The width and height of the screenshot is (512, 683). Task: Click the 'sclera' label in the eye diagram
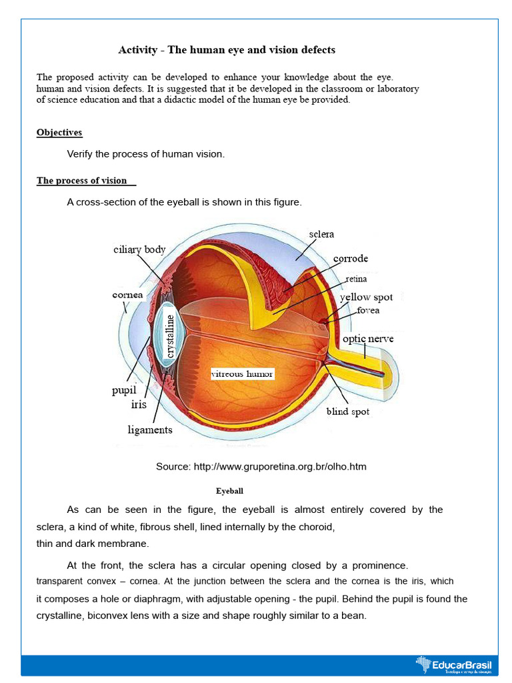[x=321, y=234]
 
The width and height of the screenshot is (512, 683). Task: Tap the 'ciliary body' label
[x=139, y=249]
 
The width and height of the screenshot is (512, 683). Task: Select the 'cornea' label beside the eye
[x=128, y=294]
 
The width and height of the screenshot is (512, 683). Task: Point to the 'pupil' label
[x=124, y=390]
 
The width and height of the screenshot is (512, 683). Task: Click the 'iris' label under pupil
[x=139, y=404]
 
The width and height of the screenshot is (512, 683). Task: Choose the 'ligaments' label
[x=150, y=430]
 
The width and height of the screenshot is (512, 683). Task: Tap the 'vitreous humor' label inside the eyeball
[x=242, y=374]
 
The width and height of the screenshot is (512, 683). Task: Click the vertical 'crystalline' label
[x=170, y=336]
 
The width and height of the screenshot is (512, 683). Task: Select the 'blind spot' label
[x=347, y=412]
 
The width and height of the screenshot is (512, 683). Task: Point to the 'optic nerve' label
[x=368, y=339]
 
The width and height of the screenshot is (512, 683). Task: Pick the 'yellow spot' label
[x=366, y=297]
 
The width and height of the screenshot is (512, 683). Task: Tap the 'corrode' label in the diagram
[x=351, y=258]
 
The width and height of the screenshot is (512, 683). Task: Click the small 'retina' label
[x=355, y=279]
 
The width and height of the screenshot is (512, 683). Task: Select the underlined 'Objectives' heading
[x=59, y=132]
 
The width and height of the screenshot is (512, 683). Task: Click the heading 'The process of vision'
[x=82, y=180]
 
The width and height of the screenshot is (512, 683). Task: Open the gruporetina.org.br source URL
[x=280, y=466]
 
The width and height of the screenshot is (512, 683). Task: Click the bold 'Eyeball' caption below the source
[x=229, y=491]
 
